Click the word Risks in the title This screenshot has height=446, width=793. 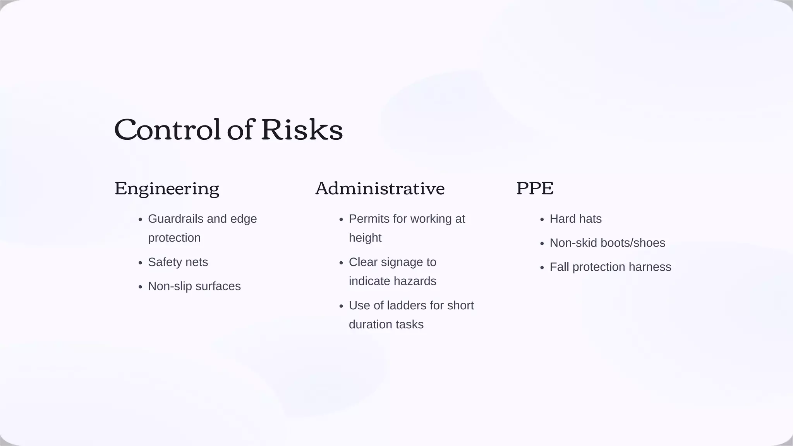coord(302,130)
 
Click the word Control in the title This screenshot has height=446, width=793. coord(167,130)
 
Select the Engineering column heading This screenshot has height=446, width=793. coord(167,189)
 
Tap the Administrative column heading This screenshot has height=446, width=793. coord(380,189)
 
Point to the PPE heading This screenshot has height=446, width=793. coord(535,189)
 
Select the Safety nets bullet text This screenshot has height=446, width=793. coord(178,262)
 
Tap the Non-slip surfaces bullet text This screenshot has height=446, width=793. coord(194,286)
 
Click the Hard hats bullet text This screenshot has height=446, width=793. coord(575,219)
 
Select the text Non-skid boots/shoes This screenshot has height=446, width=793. coord(607,243)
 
